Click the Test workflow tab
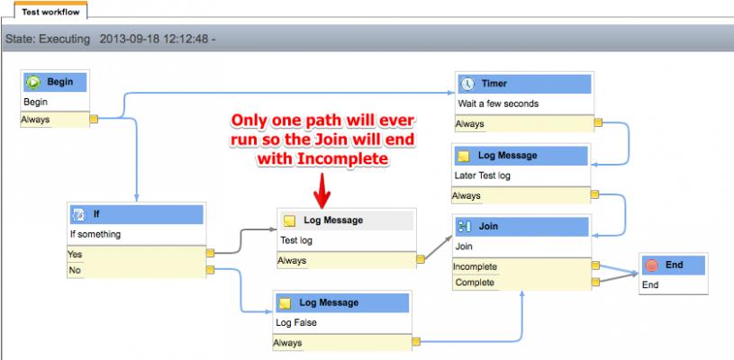(50, 12)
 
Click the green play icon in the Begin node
(33, 82)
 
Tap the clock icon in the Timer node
(467, 84)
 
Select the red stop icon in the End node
(652, 265)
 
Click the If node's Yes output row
(136, 254)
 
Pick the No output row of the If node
(136, 270)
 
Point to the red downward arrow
(322, 190)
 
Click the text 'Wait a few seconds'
(498, 103)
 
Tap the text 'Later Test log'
(482, 175)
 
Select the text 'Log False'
(295, 322)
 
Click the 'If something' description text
(95, 234)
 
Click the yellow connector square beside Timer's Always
(598, 123)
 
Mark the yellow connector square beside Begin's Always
(94, 119)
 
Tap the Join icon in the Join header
(465, 227)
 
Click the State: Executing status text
(48, 39)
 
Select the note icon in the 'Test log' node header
(289, 220)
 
